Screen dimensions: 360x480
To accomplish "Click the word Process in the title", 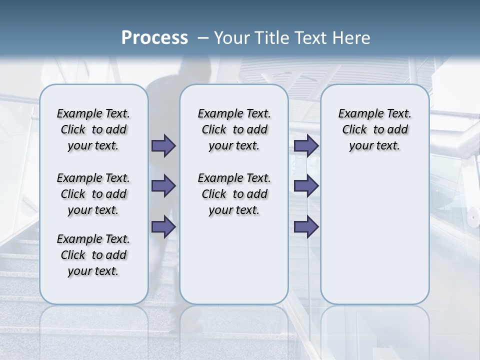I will tap(154, 37).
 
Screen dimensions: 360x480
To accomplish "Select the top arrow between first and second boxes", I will tap(163, 145).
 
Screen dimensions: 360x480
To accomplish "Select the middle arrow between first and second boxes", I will tap(163, 186).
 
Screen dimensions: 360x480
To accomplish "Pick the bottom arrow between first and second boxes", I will tap(163, 227).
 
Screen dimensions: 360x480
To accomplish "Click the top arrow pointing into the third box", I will tap(306, 145).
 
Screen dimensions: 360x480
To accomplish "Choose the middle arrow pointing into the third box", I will tap(306, 186).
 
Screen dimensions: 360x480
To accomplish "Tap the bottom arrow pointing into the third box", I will tap(306, 227).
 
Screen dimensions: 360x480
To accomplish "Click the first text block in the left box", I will tap(93, 129).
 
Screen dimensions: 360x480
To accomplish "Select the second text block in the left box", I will tap(93, 194).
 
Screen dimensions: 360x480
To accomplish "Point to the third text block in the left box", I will tap(93, 255).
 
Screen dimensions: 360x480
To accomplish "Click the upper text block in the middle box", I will tap(234, 129).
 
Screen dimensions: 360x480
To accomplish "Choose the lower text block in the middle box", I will tap(234, 194).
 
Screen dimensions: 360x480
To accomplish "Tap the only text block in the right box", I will tap(374, 129).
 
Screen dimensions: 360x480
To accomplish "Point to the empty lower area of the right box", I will tap(374, 235).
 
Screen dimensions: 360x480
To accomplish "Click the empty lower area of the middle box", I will tap(234, 260).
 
